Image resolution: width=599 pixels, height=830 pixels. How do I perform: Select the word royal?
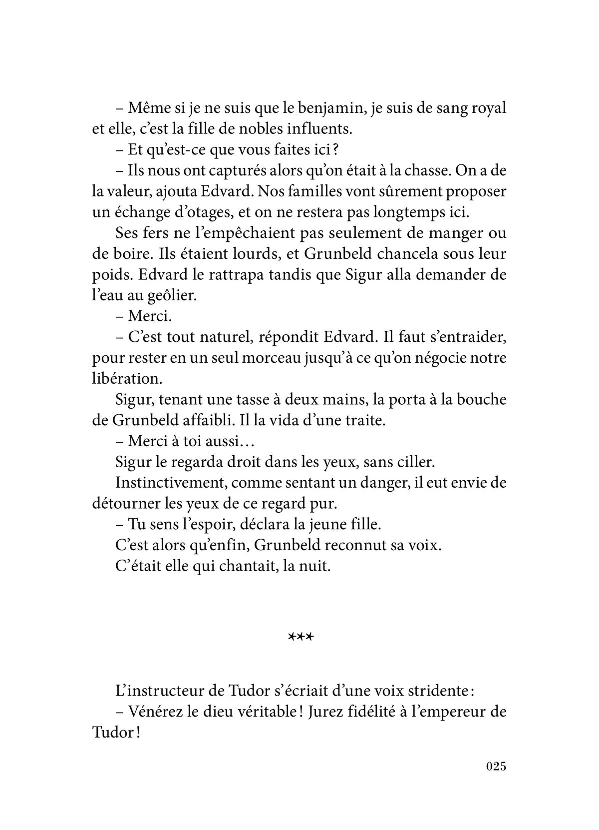coord(487,108)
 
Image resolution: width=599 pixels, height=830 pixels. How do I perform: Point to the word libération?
coord(127,378)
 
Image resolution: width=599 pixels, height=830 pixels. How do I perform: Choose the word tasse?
coord(278,400)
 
